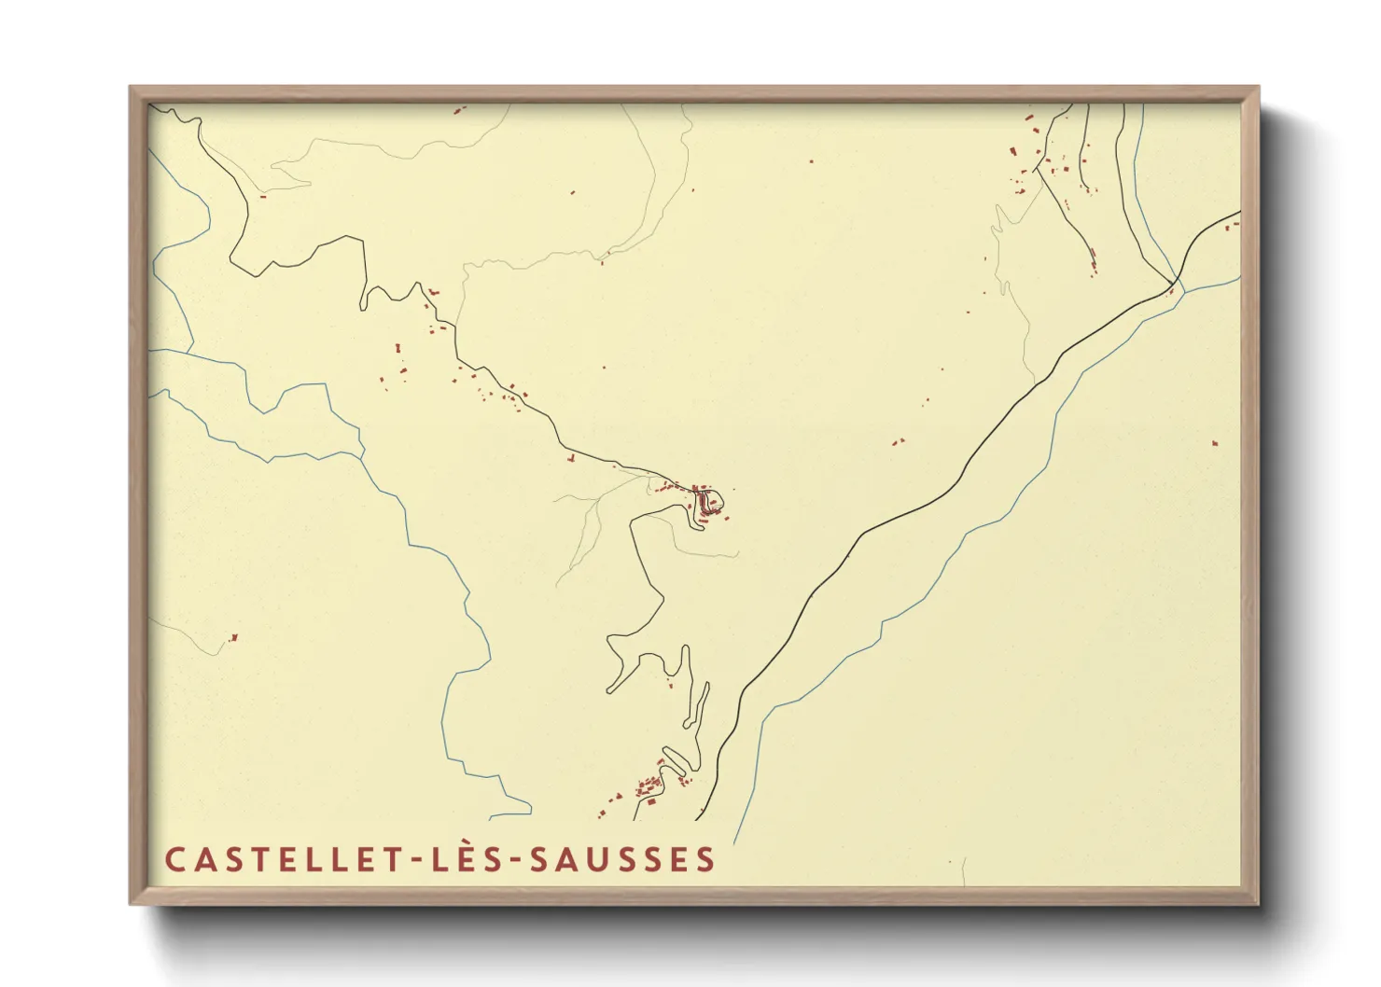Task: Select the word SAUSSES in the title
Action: [623, 860]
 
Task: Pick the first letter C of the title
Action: [174, 860]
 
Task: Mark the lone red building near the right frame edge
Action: [1215, 443]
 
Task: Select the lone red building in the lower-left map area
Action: [233, 638]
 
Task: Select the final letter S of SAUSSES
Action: [706, 860]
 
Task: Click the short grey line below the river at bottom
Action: [964, 871]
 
